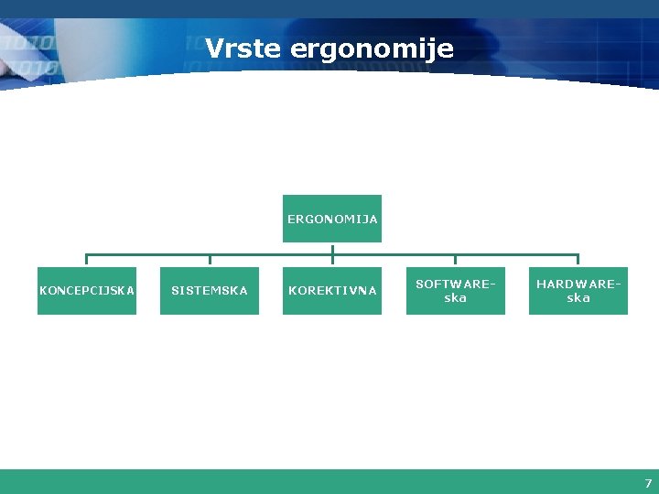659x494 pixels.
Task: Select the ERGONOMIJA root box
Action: (x=332, y=219)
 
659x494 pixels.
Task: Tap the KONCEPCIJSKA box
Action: (x=87, y=291)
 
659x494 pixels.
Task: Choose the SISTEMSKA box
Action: (x=210, y=291)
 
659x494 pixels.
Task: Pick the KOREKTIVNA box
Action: (x=332, y=291)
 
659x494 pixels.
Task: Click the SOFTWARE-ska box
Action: (x=455, y=291)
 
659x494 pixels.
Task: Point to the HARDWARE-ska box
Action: (x=578, y=291)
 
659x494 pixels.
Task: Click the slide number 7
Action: (x=648, y=483)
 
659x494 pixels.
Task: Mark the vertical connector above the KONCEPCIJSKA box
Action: (x=87, y=260)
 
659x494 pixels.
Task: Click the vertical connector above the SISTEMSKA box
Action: (x=210, y=260)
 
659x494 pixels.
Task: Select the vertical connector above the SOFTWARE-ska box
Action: (x=455, y=260)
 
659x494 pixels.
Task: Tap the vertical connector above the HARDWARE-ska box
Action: (x=578, y=260)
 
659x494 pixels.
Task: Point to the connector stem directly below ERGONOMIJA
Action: (x=332, y=248)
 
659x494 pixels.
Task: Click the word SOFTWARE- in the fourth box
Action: (x=455, y=285)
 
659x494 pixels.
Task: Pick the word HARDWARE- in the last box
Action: (x=578, y=285)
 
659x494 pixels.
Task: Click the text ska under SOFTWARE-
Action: (x=455, y=298)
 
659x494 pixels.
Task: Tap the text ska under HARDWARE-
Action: (x=578, y=298)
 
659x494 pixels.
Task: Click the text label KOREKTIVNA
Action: (x=332, y=291)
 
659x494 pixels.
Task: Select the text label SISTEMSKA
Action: (x=210, y=291)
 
